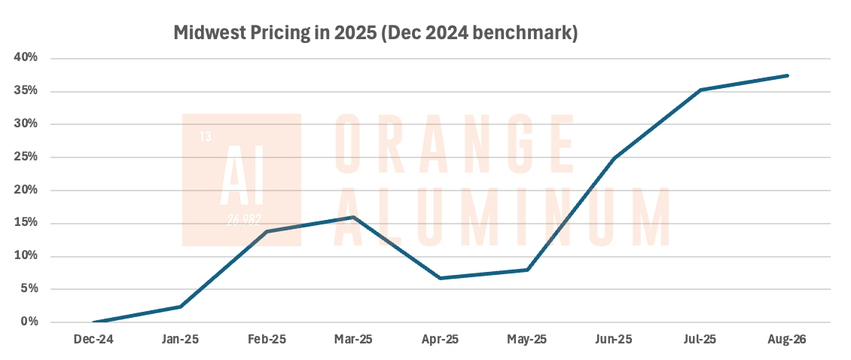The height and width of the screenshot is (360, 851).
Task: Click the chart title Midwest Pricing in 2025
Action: click(x=375, y=33)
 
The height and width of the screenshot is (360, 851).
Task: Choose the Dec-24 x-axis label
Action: click(x=93, y=340)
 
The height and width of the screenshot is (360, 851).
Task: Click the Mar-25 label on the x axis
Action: click(x=353, y=340)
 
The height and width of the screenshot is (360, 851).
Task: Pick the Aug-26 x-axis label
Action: click(x=787, y=340)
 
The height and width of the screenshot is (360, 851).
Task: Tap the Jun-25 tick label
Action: click(x=614, y=340)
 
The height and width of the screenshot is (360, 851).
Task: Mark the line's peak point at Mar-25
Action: click(x=353, y=217)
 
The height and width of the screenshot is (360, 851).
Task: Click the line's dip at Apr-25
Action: click(x=440, y=278)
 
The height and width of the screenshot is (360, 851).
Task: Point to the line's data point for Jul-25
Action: click(x=700, y=90)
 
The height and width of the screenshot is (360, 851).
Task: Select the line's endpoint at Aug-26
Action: click(x=787, y=75)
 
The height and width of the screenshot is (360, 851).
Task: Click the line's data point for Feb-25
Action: click(x=267, y=231)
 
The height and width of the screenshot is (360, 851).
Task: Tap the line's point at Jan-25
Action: click(x=180, y=307)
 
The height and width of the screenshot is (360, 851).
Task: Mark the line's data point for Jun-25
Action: click(x=614, y=158)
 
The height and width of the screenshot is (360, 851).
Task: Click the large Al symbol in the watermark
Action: click(x=242, y=181)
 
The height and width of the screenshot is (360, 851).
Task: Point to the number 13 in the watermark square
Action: click(x=206, y=137)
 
